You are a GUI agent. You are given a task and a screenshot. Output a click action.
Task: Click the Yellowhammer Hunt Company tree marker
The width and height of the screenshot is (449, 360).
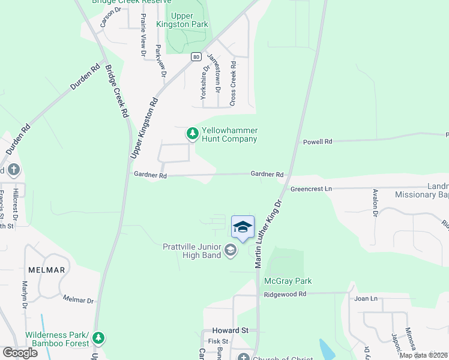point(192,133)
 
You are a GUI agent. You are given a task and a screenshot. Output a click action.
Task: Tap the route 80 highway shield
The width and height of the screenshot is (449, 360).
point(196,57)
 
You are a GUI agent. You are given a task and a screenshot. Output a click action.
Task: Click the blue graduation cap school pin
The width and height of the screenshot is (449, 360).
point(243,227)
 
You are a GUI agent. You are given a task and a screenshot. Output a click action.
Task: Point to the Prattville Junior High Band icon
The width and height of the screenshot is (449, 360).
point(230,250)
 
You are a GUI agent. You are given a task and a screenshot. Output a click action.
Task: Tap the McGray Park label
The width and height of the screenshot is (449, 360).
point(288,281)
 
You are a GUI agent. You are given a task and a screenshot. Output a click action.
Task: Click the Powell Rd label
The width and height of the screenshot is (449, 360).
point(318,142)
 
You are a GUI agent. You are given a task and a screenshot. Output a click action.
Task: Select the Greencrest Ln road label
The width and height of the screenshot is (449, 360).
point(311,188)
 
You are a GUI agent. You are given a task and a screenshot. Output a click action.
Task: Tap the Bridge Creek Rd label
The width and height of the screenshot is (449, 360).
point(117,91)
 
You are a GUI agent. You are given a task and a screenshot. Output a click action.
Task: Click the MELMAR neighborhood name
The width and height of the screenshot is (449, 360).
point(45,270)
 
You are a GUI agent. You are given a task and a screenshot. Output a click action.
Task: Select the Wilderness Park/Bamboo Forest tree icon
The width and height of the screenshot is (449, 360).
point(100,339)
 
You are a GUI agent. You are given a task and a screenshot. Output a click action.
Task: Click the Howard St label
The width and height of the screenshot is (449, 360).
point(230,331)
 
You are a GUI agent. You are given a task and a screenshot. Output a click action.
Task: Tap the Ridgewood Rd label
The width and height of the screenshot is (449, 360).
point(285,294)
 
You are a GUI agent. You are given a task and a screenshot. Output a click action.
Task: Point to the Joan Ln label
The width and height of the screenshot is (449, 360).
point(366,298)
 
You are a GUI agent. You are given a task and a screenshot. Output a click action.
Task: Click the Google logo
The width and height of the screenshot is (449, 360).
point(20,353)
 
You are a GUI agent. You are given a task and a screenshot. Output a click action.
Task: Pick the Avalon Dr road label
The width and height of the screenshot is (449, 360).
point(375,203)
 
